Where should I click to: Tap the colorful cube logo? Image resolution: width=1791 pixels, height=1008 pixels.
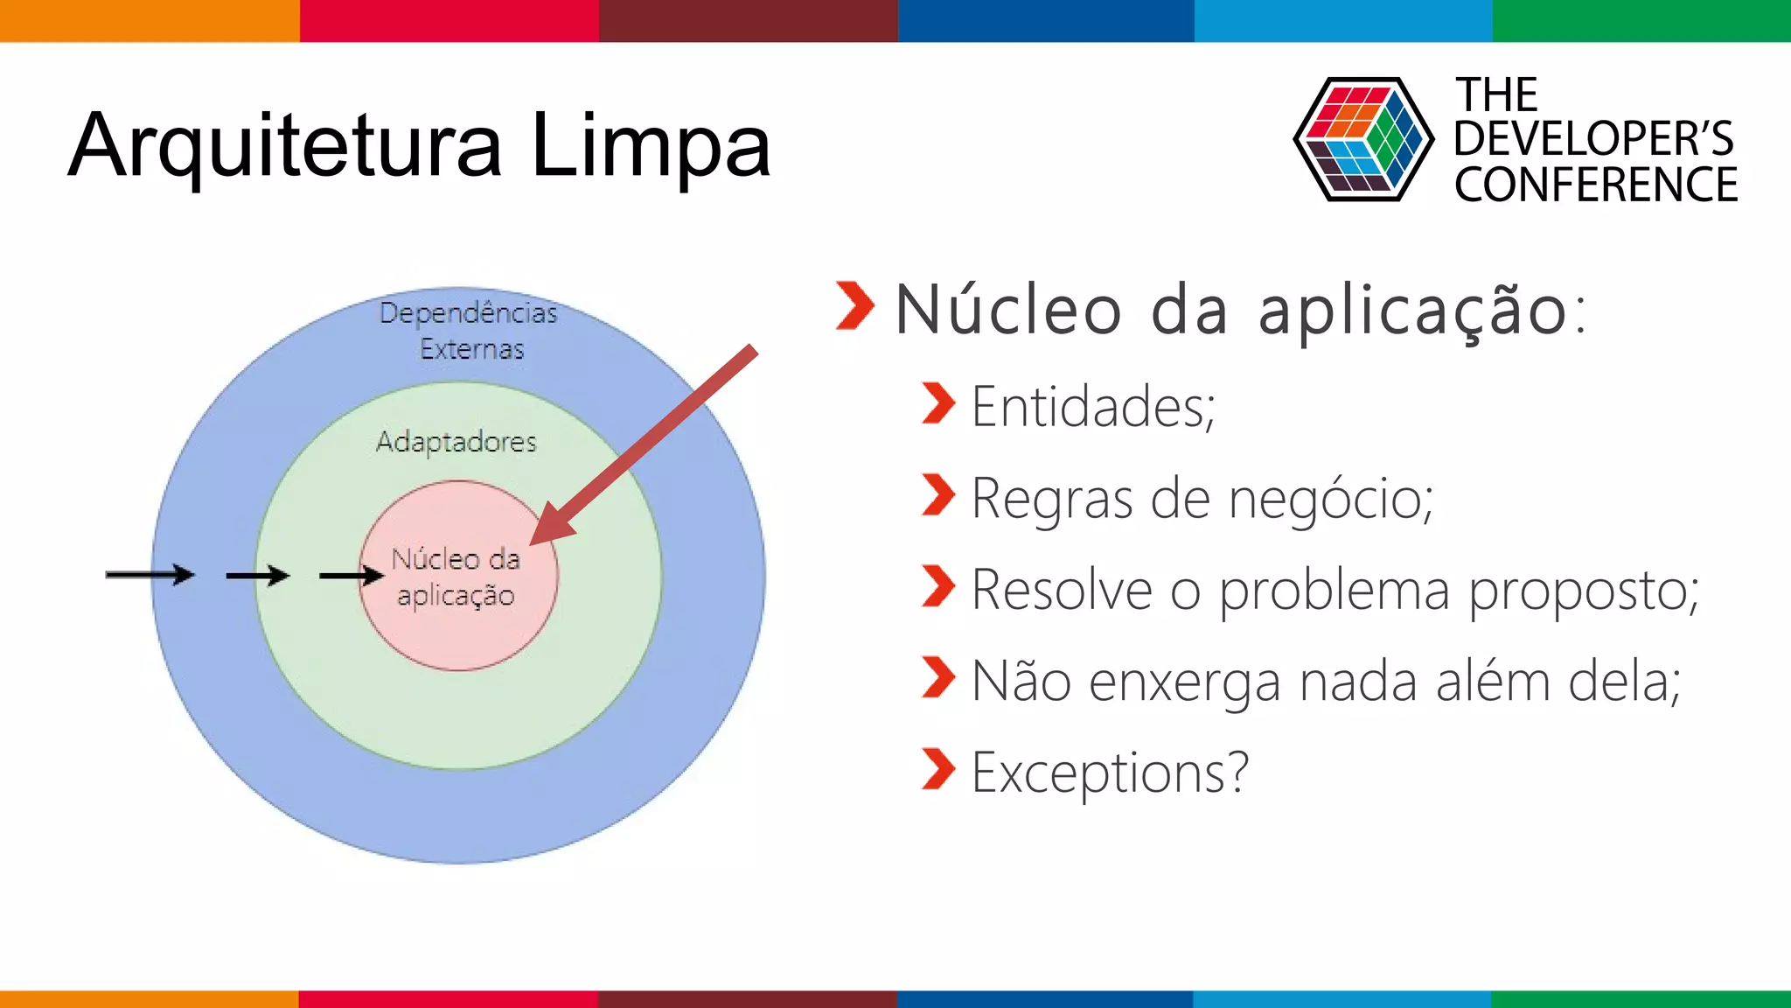[x=1362, y=139]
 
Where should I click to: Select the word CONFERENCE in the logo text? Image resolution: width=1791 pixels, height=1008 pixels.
[x=1595, y=185]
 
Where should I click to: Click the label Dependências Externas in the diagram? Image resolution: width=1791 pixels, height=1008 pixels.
[x=470, y=331]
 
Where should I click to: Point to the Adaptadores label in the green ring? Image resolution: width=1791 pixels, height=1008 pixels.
[x=456, y=442]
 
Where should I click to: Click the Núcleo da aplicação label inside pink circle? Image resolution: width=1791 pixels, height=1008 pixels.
[x=456, y=577]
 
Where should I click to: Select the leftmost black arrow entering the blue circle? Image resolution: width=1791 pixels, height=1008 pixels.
[x=150, y=575]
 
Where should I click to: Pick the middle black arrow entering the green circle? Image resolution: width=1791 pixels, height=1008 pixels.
[x=257, y=575]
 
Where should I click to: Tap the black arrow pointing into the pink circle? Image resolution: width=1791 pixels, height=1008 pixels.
[x=351, y=575]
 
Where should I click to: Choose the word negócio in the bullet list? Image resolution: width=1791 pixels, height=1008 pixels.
[x=1329, y=499]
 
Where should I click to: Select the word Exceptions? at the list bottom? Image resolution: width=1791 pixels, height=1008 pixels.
[x=1110, y=773]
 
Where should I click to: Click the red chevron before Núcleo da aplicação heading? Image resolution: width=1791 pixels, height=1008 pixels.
[x=854, y=305]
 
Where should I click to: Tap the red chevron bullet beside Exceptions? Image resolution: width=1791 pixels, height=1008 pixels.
[x=938, y=769]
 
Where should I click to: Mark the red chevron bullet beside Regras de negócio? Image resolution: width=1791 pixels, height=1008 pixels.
[x=938, y=495]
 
